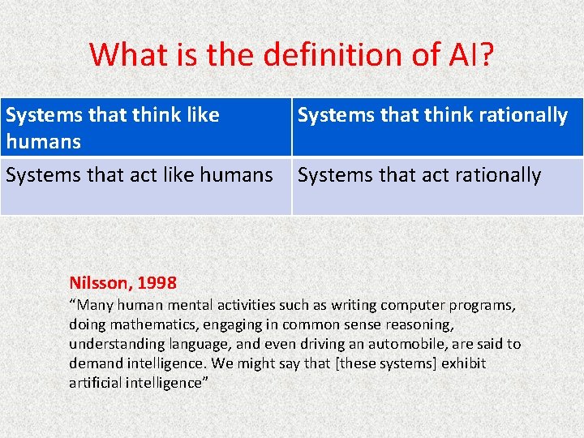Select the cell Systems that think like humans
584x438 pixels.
pyautogui.click(x=146, y=127)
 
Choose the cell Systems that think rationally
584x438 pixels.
pyautogui.click(x=436, y=127)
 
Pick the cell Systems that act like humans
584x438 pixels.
pyautogui.click(x=146, y=186)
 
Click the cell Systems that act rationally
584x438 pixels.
pyautogui.click(x=436, y=186)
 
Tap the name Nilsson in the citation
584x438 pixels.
pyautogui.click(x=99, y=283)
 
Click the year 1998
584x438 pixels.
pyautogui.click(x=157, y=283)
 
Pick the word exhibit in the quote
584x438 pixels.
pyautogui.click(x=463, y=363)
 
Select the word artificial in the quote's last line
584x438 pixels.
pyautogui.click(x=96, y=382)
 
